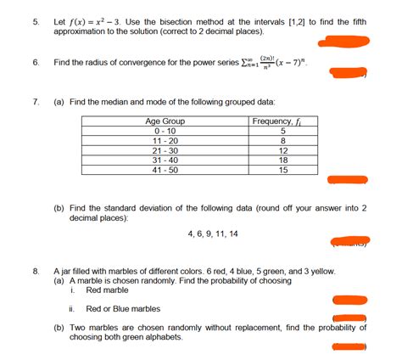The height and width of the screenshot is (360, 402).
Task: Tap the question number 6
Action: click(x=35, y=63)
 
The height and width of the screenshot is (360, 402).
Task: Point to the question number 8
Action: click(x=35, y=270)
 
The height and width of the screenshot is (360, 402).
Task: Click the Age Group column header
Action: click(x=165, y=122)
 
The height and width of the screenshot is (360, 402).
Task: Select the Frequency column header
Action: click(x=282, y=122)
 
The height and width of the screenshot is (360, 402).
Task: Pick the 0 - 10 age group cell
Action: click(x=165, y=132)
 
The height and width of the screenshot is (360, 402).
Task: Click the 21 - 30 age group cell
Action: click(x=165, y=150)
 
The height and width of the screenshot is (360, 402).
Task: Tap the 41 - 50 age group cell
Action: click(x=165, y=169)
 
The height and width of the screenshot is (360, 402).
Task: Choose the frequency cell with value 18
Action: click(x=282, y=160)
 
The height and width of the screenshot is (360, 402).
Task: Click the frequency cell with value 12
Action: click(x=282, y=150)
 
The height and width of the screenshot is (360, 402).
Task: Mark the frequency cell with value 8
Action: click(x=282, y=141)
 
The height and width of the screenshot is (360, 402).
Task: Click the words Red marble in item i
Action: click(x=108, y=290)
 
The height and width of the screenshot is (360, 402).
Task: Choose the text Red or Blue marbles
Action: click(x=123, y=309)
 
